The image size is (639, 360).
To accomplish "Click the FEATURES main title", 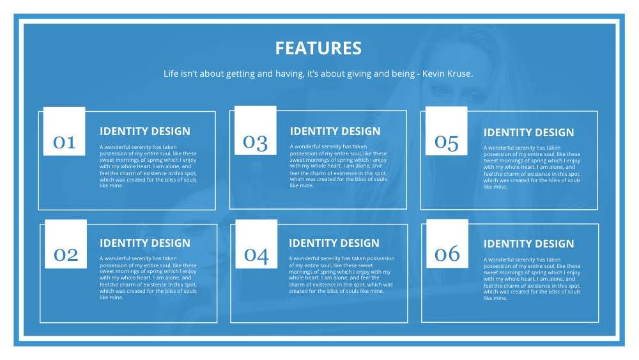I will (318, 48).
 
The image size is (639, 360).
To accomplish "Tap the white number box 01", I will (64, 132).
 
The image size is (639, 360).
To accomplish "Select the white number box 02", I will (65, 244).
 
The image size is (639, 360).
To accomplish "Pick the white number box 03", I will (256, 131).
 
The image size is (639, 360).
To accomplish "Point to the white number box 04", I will (256, 244).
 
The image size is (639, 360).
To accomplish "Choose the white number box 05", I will (446, 132).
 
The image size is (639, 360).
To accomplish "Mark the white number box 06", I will (447, 244).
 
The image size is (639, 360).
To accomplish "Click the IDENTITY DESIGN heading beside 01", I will (145, 131).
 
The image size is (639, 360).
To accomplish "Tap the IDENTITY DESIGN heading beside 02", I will (145, 243).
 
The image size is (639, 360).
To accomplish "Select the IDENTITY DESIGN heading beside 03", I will (335, 131).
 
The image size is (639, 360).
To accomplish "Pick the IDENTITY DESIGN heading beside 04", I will (334, 243).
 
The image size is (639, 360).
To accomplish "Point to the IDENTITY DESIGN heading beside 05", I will (528, 132).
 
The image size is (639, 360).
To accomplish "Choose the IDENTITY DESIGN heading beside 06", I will (528, 244).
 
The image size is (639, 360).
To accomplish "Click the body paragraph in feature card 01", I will (148, 166).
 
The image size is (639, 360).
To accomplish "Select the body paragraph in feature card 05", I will (532, 168).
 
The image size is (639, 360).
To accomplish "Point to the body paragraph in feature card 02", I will (148, 278).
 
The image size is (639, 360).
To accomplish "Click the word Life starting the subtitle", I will (171, 74).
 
